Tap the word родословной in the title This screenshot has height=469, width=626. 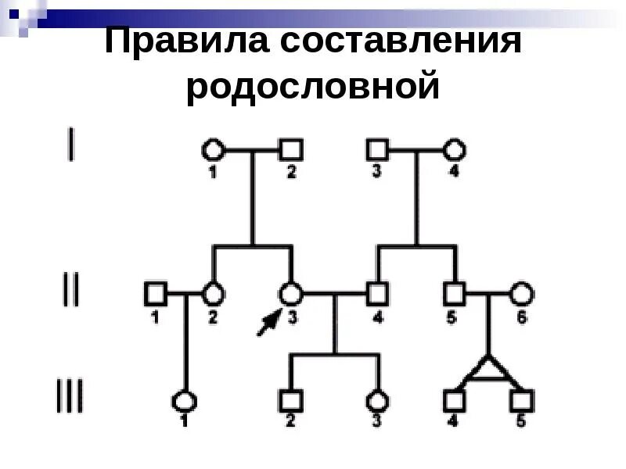313,86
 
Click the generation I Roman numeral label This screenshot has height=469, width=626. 72,145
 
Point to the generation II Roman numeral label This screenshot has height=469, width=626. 70,291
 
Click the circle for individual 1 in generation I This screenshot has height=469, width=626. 213,149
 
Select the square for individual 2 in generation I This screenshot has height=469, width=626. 291,149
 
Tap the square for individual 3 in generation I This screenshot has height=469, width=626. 378,149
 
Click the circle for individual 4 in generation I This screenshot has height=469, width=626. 455,149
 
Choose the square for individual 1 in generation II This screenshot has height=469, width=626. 156,294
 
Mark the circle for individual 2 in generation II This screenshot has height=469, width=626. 213,294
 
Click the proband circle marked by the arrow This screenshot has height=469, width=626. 291,294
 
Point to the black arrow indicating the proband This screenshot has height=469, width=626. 268,322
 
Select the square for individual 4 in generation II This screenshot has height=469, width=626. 378,294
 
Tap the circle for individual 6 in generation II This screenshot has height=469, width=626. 522,294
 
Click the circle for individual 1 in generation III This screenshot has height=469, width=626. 185,401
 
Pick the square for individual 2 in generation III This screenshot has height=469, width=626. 291,401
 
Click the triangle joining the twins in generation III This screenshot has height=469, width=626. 487,371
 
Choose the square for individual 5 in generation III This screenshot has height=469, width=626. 521,401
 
